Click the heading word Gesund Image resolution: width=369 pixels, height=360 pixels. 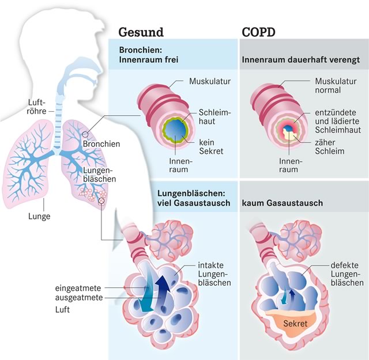click(141, 31)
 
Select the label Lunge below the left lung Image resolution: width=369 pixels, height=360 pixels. click(39, 217)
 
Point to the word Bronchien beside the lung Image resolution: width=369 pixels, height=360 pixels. click(101, 143)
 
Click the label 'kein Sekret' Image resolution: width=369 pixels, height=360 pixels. click(210, 146)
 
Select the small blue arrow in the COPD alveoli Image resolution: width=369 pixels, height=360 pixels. click(291, 296)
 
